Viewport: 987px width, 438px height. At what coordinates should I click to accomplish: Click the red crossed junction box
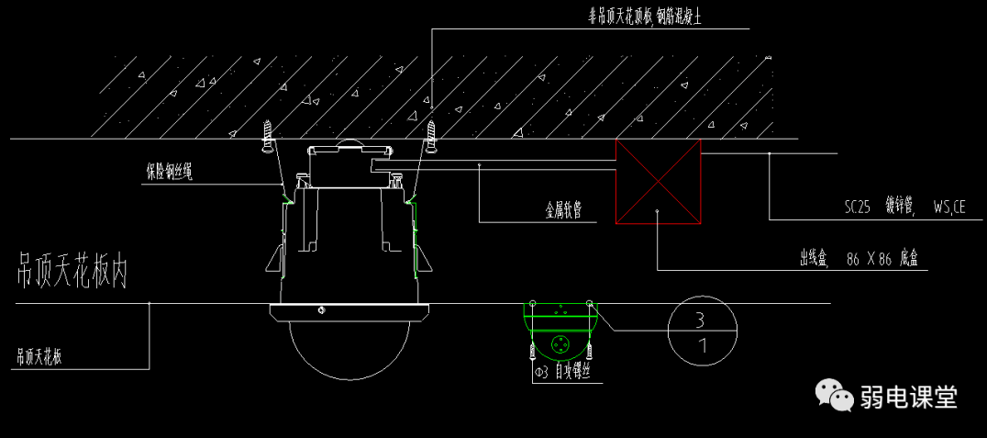click(658, 181)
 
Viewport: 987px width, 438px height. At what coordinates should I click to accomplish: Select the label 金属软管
click(565, 210)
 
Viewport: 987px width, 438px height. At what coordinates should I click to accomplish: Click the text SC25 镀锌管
click(878, 208)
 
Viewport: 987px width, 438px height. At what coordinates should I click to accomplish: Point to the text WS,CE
click(948, 208)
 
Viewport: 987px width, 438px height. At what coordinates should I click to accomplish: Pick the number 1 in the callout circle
click(702, 347)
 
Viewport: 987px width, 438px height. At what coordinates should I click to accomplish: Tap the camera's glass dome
click(349, 349)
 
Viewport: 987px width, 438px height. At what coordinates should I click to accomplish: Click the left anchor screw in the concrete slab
click(268, 135)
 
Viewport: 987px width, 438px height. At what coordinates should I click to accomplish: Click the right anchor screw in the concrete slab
click(431, 133)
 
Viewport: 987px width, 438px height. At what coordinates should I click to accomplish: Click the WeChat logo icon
click(832, 396)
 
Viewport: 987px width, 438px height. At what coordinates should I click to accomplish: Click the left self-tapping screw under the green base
click(531, 351)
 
